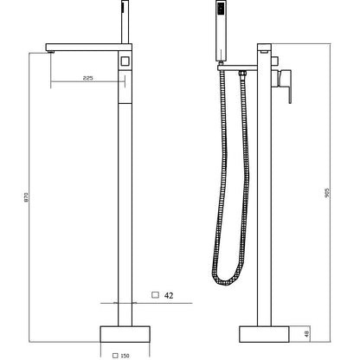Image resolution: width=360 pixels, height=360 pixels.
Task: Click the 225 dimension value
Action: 87,78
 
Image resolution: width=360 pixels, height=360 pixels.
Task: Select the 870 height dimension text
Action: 26,196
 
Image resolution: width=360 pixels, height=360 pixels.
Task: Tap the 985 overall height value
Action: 327,192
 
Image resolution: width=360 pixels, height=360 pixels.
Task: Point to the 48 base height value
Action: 307,334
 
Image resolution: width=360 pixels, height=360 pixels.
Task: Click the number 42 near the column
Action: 169,296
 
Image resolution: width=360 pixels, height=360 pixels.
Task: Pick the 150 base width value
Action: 125,356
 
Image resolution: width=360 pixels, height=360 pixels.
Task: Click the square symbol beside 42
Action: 155,295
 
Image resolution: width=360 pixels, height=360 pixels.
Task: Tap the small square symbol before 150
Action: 115,356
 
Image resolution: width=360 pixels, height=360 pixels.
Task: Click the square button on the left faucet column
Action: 125,61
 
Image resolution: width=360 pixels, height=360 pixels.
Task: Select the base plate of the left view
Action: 125,334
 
